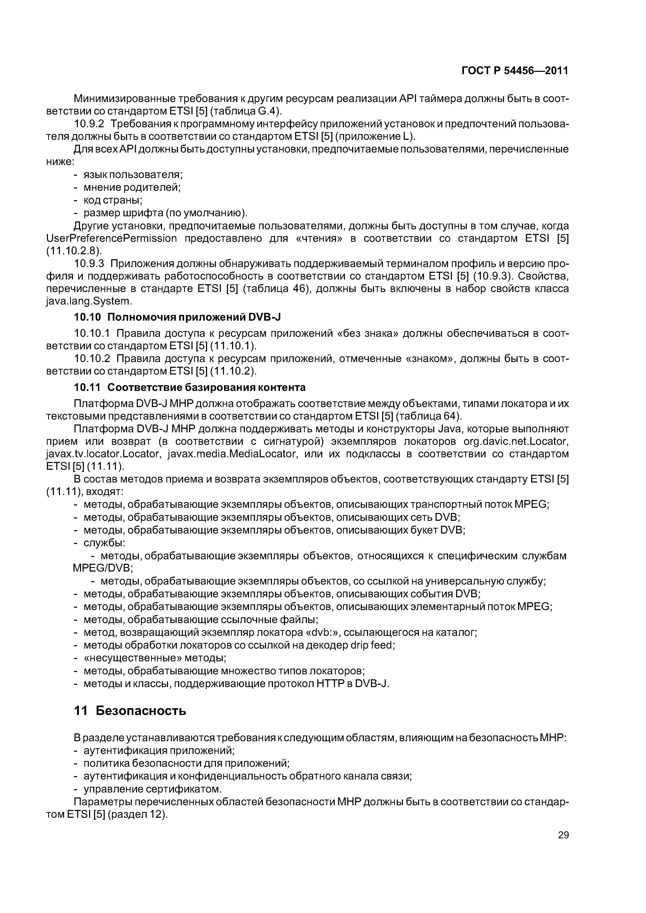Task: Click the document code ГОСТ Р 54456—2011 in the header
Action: [515, 71]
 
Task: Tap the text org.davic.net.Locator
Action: [516, 441]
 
